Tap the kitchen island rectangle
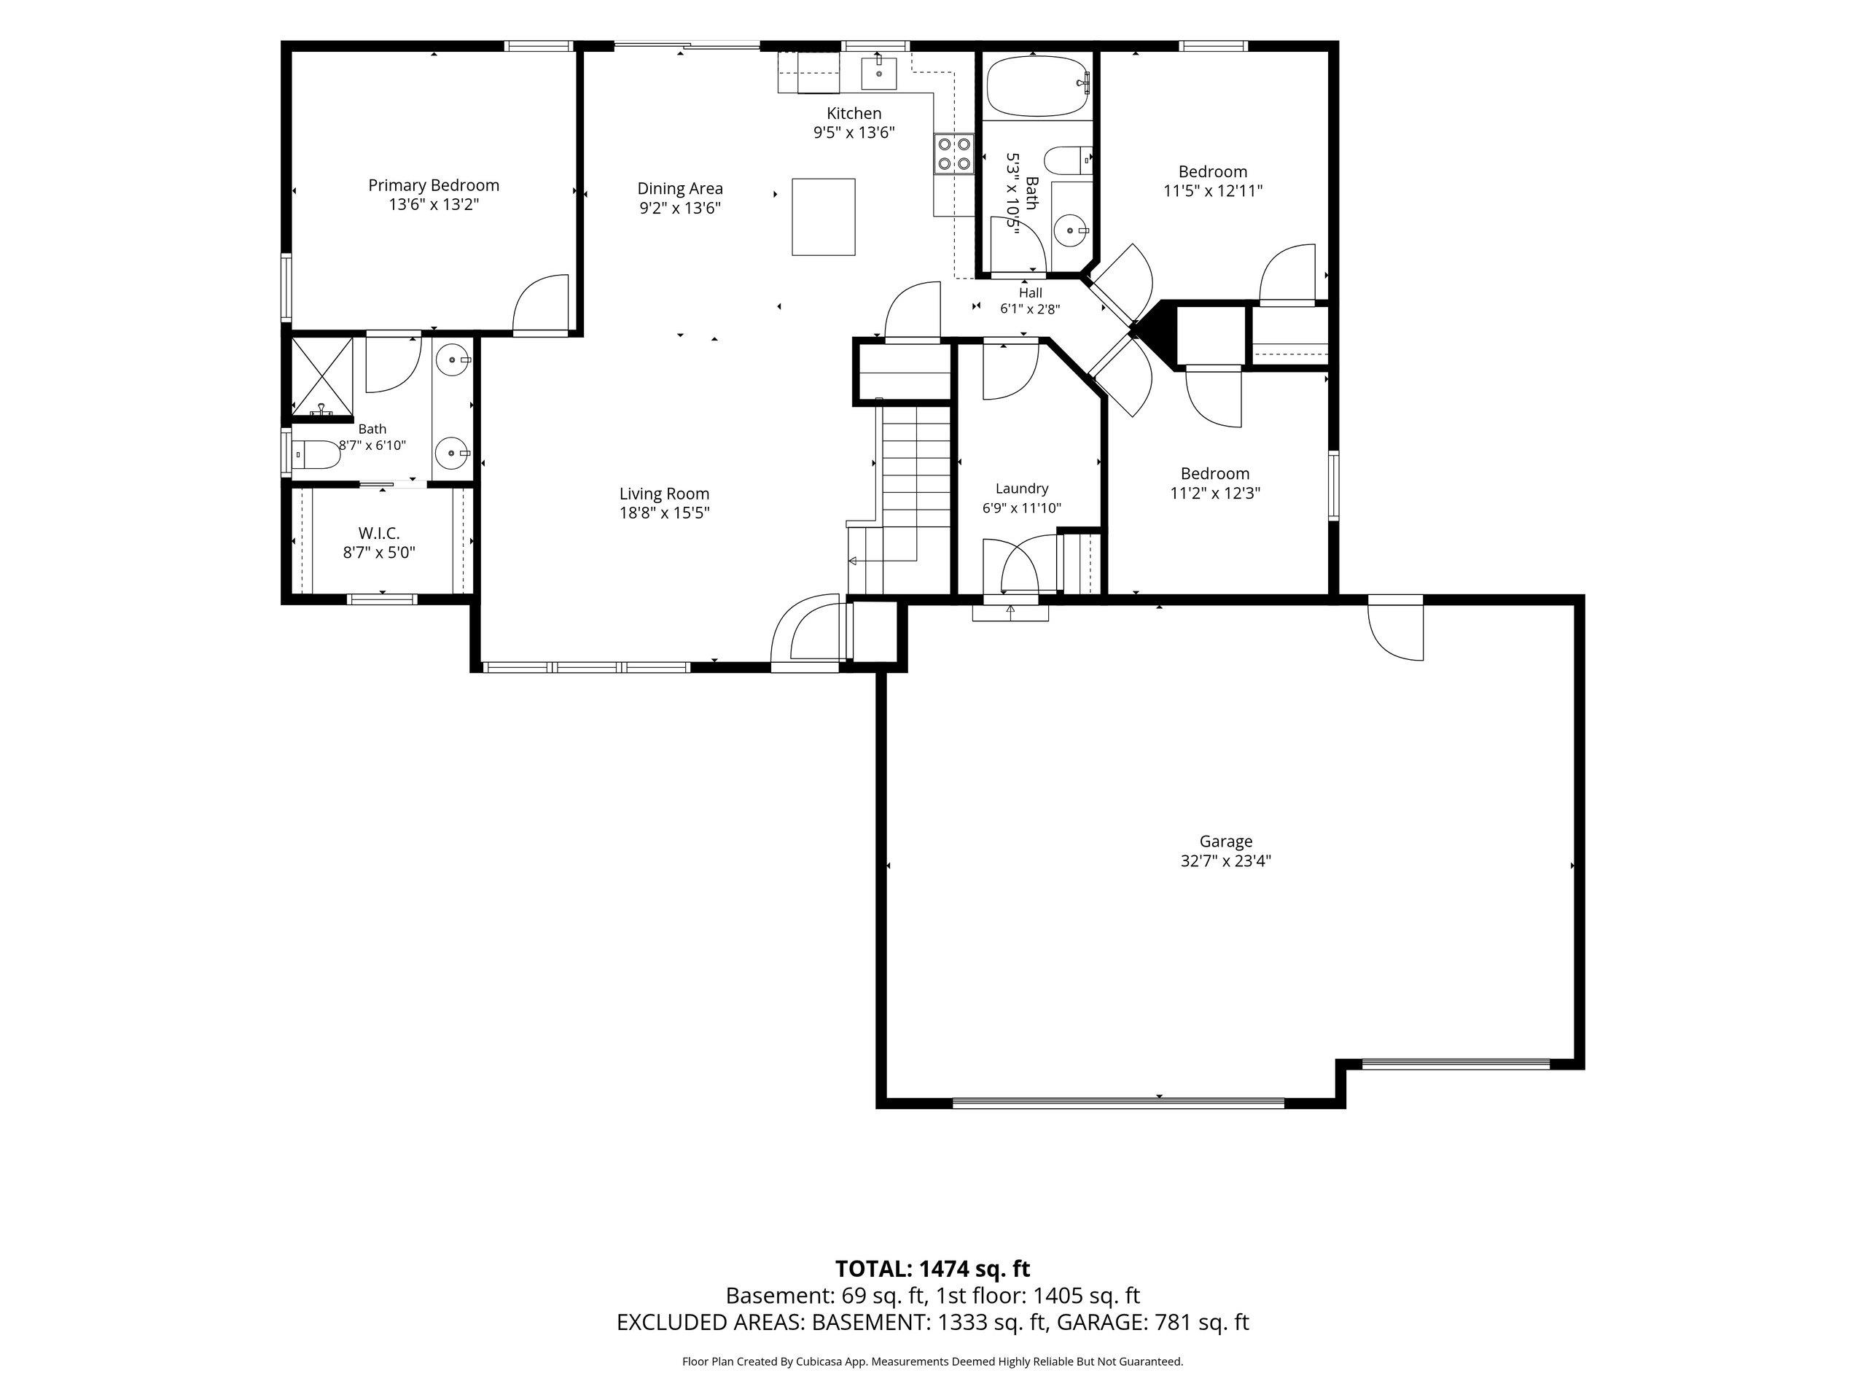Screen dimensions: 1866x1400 (824, 217)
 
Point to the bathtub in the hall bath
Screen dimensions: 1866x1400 (1039, 86)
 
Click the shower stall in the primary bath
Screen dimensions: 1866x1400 (321, 376)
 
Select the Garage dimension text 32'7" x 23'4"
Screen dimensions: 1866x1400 (1226, 862)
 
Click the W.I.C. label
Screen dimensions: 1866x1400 (379, 533)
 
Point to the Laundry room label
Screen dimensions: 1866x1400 (1022, 489)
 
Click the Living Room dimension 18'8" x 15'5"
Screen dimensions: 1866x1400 (665, 513)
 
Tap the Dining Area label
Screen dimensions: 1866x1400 (680, 189)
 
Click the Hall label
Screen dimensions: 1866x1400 (1030, 293)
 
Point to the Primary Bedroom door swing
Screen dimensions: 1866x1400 (542, 304)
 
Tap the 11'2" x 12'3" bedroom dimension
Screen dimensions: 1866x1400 (1215, 494)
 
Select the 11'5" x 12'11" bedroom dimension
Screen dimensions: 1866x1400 (1213, 192)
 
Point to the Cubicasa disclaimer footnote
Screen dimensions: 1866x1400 (933, 1362)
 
